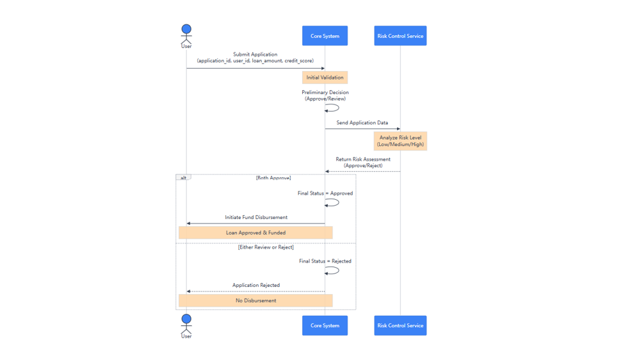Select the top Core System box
coord(325,36)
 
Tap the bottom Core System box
coord(325,325)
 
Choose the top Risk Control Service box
coord(400,36)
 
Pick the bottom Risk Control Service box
coord(400,325)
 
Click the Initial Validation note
coord(325,78)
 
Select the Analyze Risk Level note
coord(400,141)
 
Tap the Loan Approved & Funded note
coord(255,233)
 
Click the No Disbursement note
coord(255,300)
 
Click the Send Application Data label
coord(362,122)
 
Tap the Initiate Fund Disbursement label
coord(256,217)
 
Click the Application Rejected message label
coord(256,285)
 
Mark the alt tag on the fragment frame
coord(183,177)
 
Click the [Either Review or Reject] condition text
coord(266,247)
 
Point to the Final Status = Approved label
coord(325,193)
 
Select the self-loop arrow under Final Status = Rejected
coord(333,270)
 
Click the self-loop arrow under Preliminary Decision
coord(333,108)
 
